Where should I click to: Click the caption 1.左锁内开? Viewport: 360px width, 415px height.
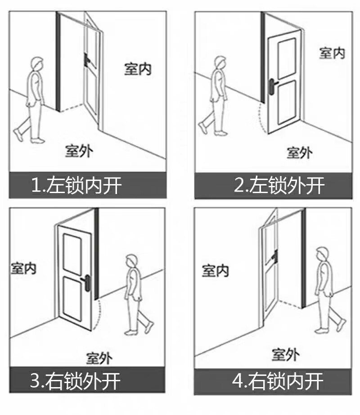pyautogui.click(x=76, y=185)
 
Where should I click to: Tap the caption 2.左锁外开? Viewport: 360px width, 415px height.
pyautogui.click(x=279, y=185)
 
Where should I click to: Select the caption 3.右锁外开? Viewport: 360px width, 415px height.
pyautogui.click(x=75, y=381)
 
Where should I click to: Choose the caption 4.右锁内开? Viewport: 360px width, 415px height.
pyautogui.click(x=278, y=381)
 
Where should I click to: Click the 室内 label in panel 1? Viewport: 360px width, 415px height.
pyautogui.click(x=138, y=69)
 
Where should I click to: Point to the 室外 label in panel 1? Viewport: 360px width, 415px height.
pyautogui.click(x=79, y=151)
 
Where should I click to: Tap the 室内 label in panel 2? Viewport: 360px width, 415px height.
pyautogui.click(x=333, y=53)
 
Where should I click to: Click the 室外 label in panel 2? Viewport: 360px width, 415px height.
pyautogui.click(x=300, y=153)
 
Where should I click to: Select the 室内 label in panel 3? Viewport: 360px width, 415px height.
pyautogui.click(x=23, y=268)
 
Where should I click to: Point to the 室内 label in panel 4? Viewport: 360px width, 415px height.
pyautogui.click(x=215, y=271)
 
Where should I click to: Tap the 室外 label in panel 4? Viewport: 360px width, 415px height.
pyautogui.click(x=286, y=355)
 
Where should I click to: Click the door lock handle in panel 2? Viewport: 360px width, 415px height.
pyautogui.click(x=272, y=86)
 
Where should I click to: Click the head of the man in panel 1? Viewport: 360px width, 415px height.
pyautogui.click(x=37, y=63)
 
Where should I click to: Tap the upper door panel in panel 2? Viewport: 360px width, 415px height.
pyautogui.click(x=287, y=59)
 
